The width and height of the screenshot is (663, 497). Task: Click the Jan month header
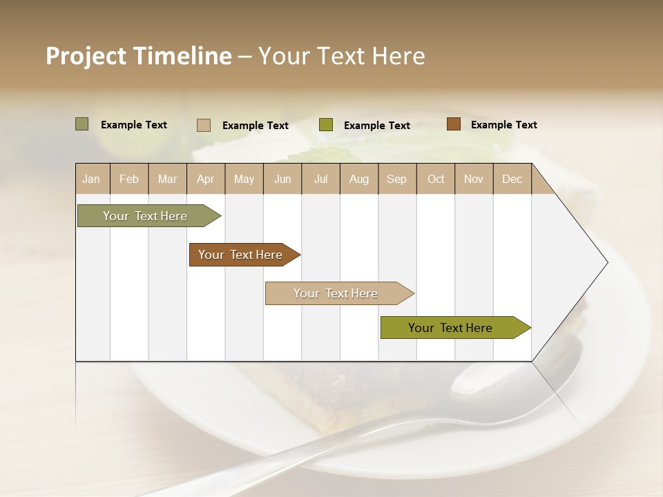[x=92, y=179]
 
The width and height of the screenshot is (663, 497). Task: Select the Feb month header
[x=129, y=179]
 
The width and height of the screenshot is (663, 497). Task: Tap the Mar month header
[x=167, y=179]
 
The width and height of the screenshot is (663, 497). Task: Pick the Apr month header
[x=206, y=179]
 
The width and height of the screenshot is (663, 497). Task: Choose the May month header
[x=244, y=179]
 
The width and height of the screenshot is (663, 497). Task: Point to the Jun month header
[x=282, y=179]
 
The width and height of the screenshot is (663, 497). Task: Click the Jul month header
[x=320, y=179]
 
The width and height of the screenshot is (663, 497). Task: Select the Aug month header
[x=359, y=179]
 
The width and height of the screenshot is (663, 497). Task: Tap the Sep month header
[x=397, y=179]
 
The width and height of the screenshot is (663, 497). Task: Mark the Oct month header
[x=436, y=179]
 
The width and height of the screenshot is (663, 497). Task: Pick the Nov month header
[x=474, y=179]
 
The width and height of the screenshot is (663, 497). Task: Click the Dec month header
[x=512, y=179]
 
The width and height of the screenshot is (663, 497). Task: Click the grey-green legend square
[x=82, y=124]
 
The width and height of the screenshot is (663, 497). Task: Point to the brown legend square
[x=453, y=124]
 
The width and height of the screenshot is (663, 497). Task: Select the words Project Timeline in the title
[x=139, y=56]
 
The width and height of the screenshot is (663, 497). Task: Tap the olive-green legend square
[x=326, y=125]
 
